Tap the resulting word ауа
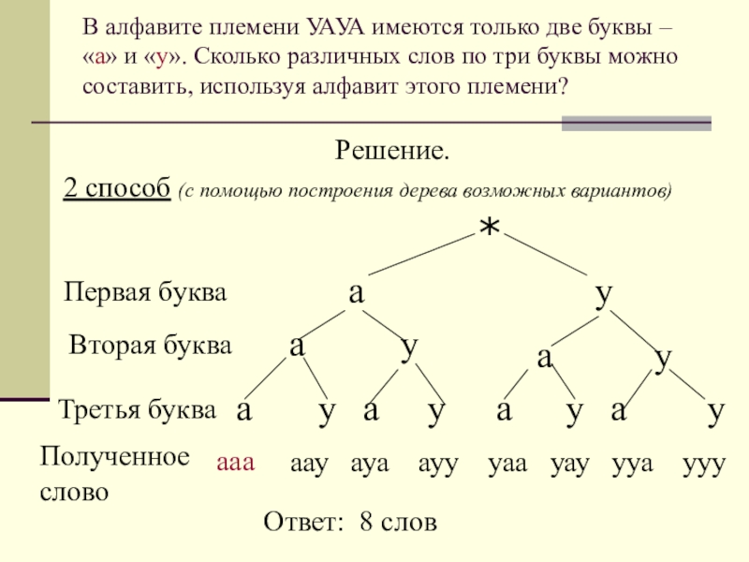click(371, 464)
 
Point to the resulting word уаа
click(510, 464)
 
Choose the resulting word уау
click(571, 464)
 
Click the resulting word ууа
click(632, 464)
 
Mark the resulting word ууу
click(704, 464)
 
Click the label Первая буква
click(145, 293)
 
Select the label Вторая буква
click(151, 346)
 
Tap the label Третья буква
click(138, 409)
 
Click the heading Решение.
click(392, 150)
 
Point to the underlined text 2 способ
click(116, 188)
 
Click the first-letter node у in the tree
click(604, 292)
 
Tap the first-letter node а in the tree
click(356, 292)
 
